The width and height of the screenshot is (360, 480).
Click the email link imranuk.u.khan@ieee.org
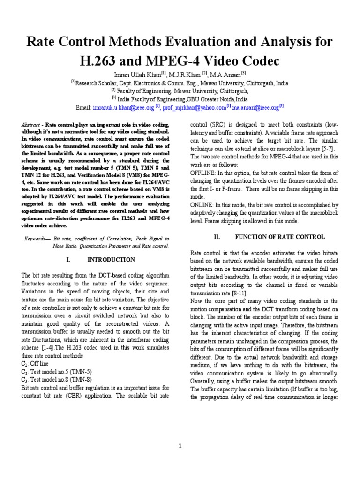point(124,107)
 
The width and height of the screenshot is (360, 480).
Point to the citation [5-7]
point(326,149)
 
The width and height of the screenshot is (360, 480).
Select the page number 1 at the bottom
point(180,446)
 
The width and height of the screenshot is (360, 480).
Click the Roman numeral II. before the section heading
point(217,237)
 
